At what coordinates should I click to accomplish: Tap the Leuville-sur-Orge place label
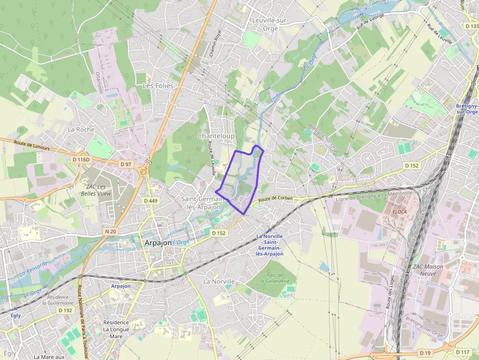(x=270, y=24)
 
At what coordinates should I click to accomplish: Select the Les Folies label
(x=158, y=85)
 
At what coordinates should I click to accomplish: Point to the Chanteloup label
(x=216, y=135)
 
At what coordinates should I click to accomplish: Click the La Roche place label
(x=81, y=129)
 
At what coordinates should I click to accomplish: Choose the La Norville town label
(x=219, y=281)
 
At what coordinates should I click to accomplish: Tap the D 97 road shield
(x=126, y=164)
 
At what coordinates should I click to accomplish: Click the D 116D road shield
(x=82, y=159)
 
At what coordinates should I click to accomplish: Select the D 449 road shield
(x=151, y=201)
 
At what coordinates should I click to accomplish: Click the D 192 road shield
(x=65, y=310)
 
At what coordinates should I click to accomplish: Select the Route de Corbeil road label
(x=275, y=198)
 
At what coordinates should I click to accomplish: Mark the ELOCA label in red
(x=399, y=212)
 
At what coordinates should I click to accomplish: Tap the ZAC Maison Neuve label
(x=428, y=270)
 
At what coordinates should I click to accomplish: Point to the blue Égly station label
(x=16, y=316)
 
